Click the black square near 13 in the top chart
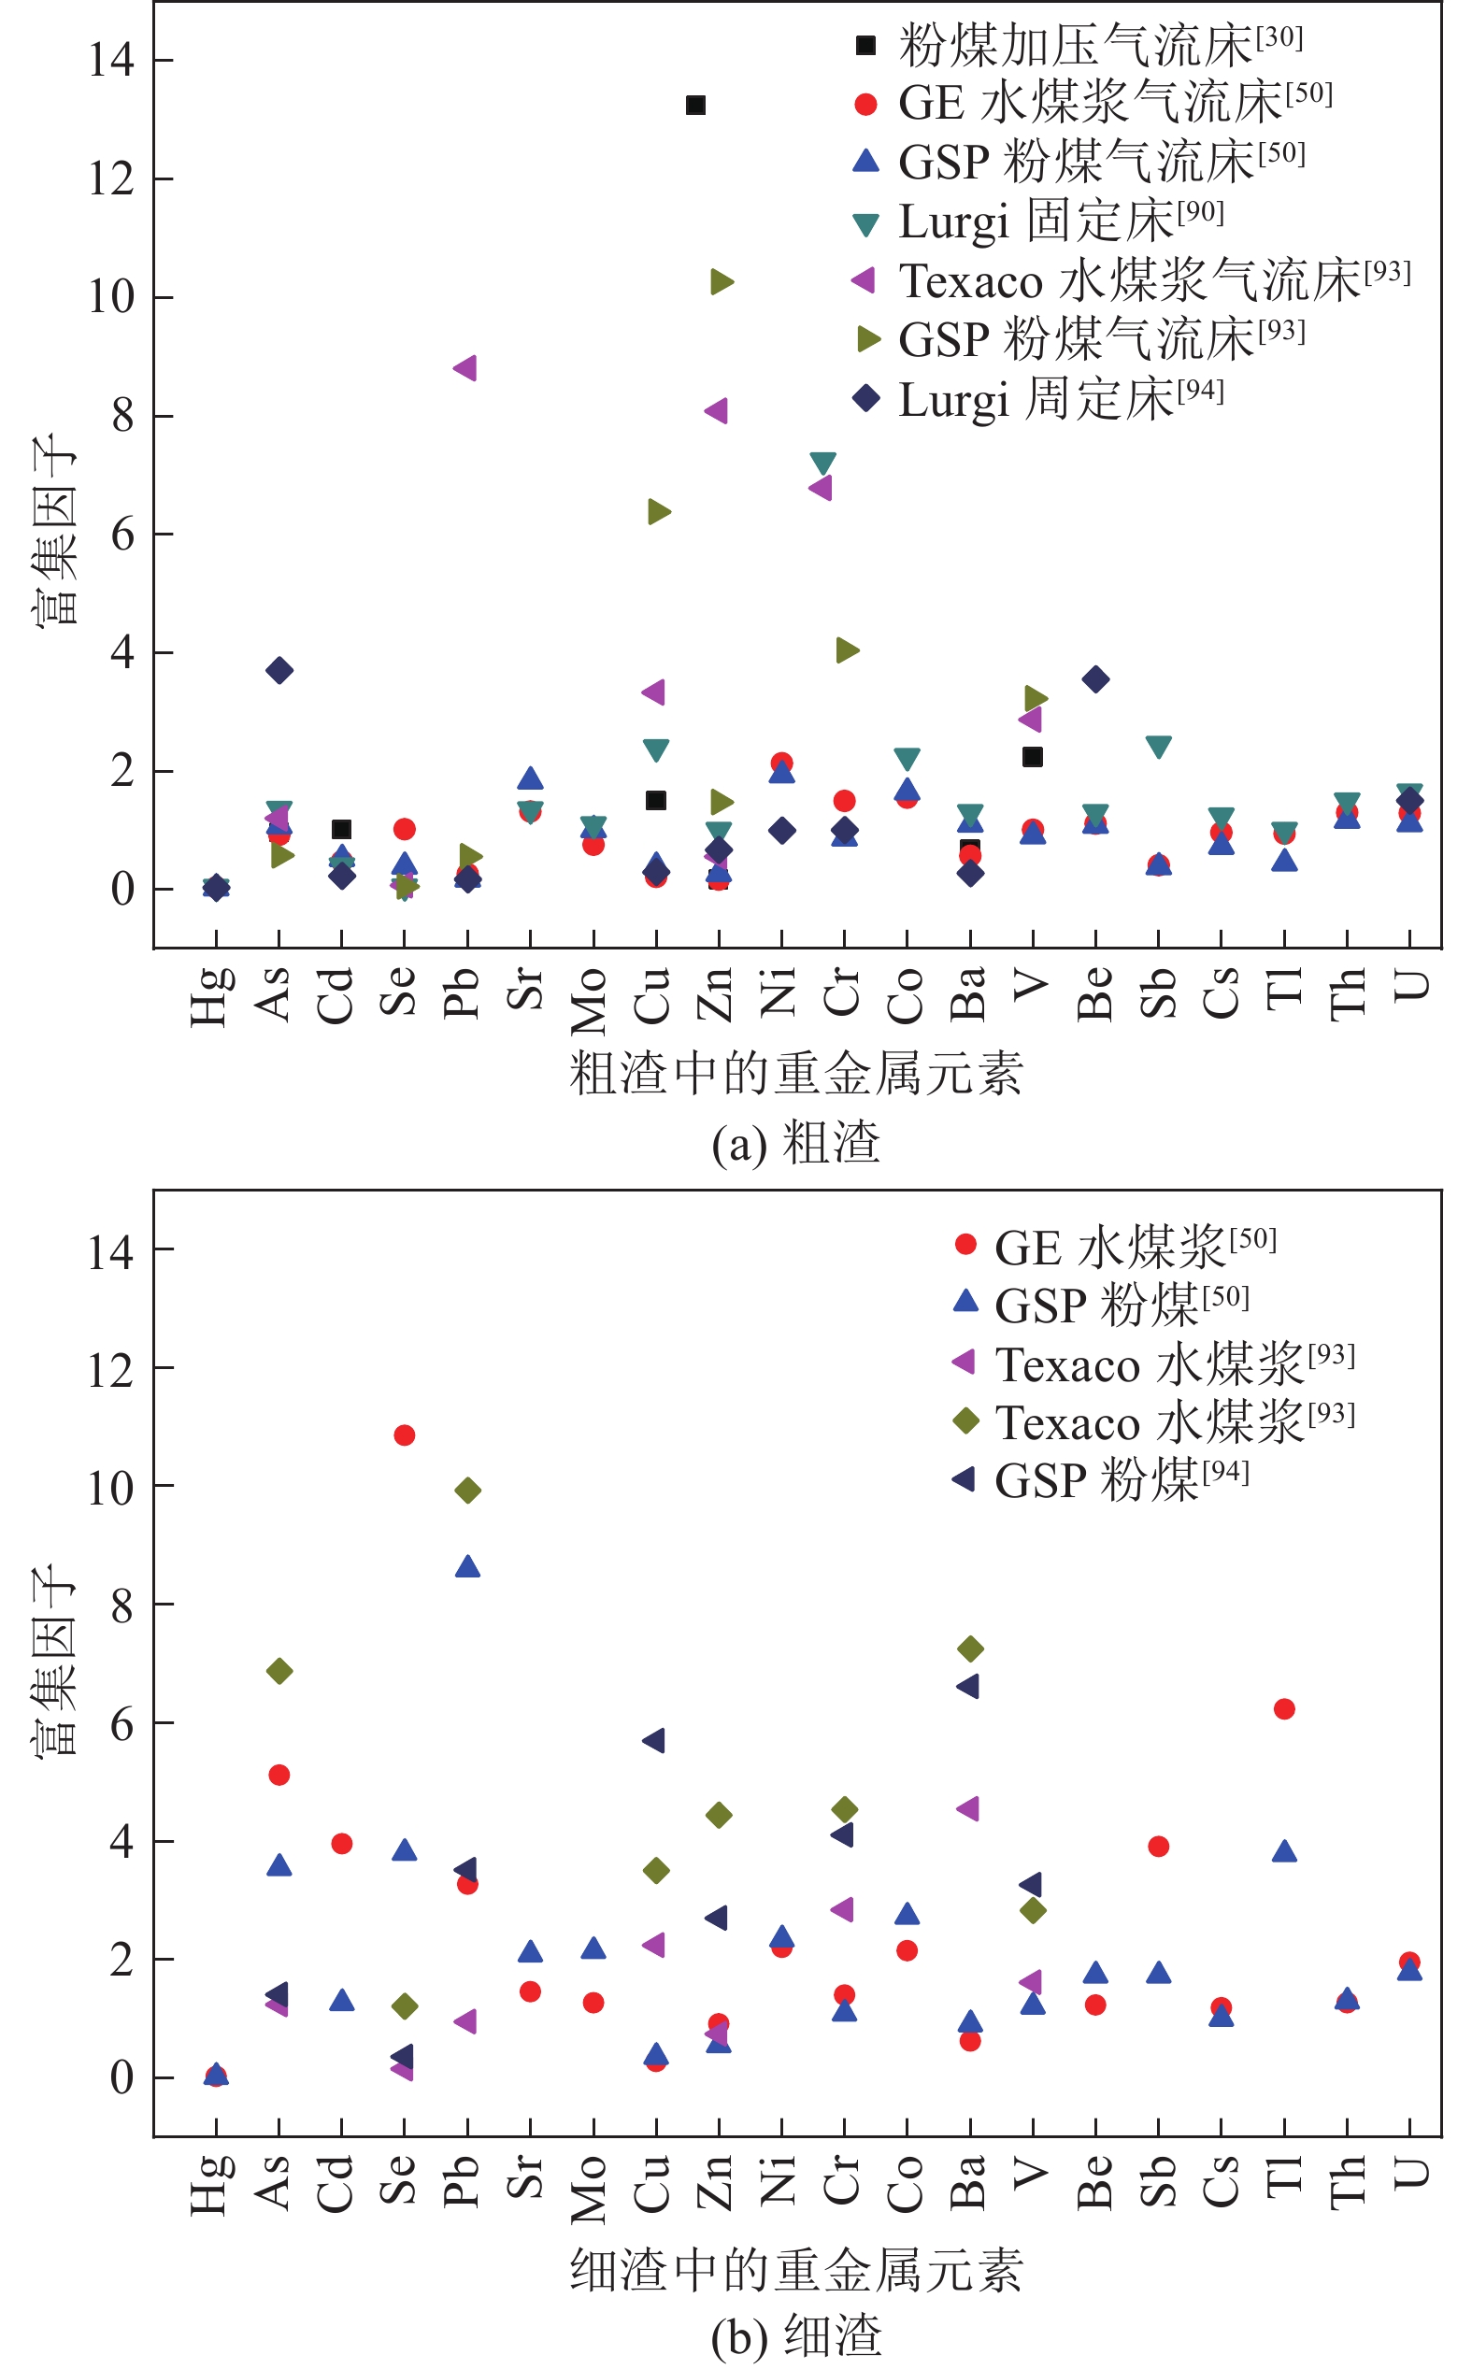[x=695, y=105]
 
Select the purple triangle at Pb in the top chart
[x=465, y=368]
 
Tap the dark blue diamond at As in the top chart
[x=279, y=670]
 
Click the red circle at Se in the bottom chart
[x=404, y=1434]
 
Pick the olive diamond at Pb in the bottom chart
[x=467, y=1491]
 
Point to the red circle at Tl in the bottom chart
[x=1284, y=1709]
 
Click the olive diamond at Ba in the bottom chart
[x=970, y=1648]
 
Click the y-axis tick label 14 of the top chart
[x=111, y=61]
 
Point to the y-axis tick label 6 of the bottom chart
[x=121, y=1723]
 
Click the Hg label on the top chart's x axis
[x=212, y=995]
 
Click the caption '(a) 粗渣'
[x=795, y=1143]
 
